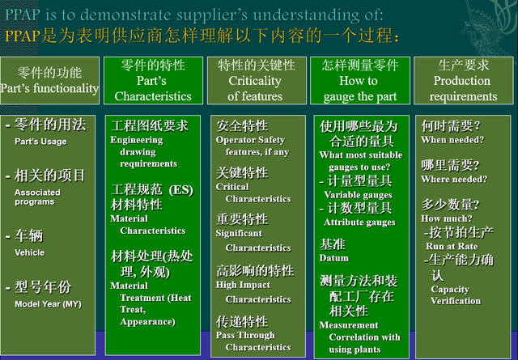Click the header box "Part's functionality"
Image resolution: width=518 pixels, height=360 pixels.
click(50, 81)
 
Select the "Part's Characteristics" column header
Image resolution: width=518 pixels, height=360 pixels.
click(152, 81)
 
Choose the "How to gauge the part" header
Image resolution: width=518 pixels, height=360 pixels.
click(359, 81)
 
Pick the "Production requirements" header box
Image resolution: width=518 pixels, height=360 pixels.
click(463, 81)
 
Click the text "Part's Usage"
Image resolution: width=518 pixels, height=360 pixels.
click(40, 142)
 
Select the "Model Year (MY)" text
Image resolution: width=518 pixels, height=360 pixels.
click(48, 303)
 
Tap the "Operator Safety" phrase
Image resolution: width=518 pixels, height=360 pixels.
click(251, 140)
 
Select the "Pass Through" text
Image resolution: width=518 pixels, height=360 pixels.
click(245, 335)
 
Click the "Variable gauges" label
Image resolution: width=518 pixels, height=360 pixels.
click(358, 194)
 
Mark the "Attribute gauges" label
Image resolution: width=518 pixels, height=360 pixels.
click(359, 222)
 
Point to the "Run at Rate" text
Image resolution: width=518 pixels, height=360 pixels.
click(452, 246)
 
